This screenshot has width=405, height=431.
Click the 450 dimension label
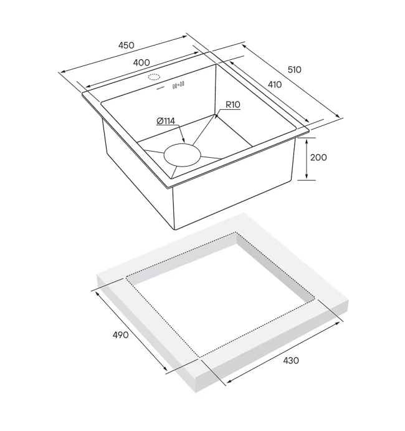pyautogui.click(x=126, y=45)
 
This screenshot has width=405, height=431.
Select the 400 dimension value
pyautogui.click(x=141, y=62)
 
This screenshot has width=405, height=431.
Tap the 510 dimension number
pyautogui.click(x=294, y=69)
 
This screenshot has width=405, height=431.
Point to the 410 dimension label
pyautogui.click(x=275, y=84)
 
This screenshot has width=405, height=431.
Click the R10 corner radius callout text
pyautogui.click(x=233, y=104)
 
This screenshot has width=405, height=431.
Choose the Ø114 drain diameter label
pyautogui.click(x=166, y=120)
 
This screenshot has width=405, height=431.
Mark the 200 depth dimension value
pyautogui.click(x=318, y=158)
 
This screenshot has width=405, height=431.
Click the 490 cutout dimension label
pyautogui.click(x=120, y=335)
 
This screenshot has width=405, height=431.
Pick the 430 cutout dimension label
pyautogui.click(x=291, y=360)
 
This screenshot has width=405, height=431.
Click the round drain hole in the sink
pyautogui.click(x=183, y=155)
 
